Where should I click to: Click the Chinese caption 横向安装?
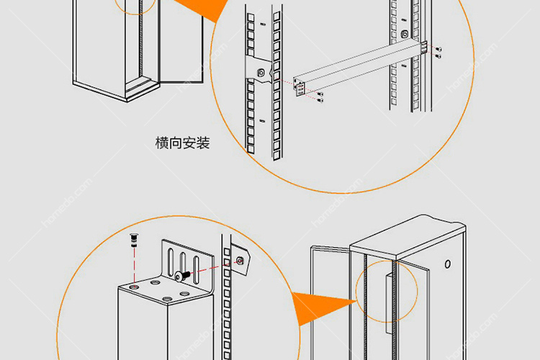click(x=182, y=143)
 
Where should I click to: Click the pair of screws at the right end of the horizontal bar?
click(x=438, y=50)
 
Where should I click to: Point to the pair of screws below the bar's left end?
click(x=320, y=97)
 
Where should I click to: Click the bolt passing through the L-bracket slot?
click(x=180, y=276)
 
